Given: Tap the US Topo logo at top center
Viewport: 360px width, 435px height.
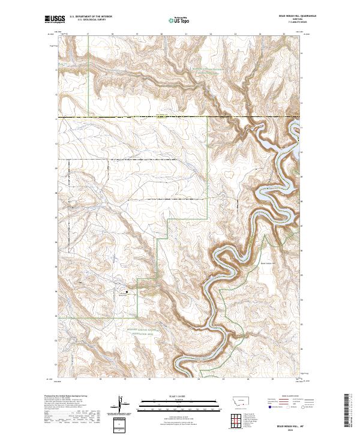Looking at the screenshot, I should pyautogui.click(x=175, y=20).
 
